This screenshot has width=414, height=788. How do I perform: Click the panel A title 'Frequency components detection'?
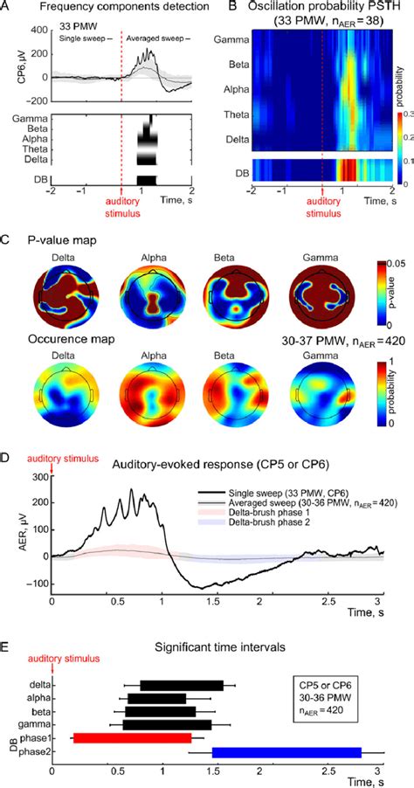pos(117,7)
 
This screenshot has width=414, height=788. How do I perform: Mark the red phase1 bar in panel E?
pos(131,737)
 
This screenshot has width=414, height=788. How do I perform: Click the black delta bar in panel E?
pos(182,685)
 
